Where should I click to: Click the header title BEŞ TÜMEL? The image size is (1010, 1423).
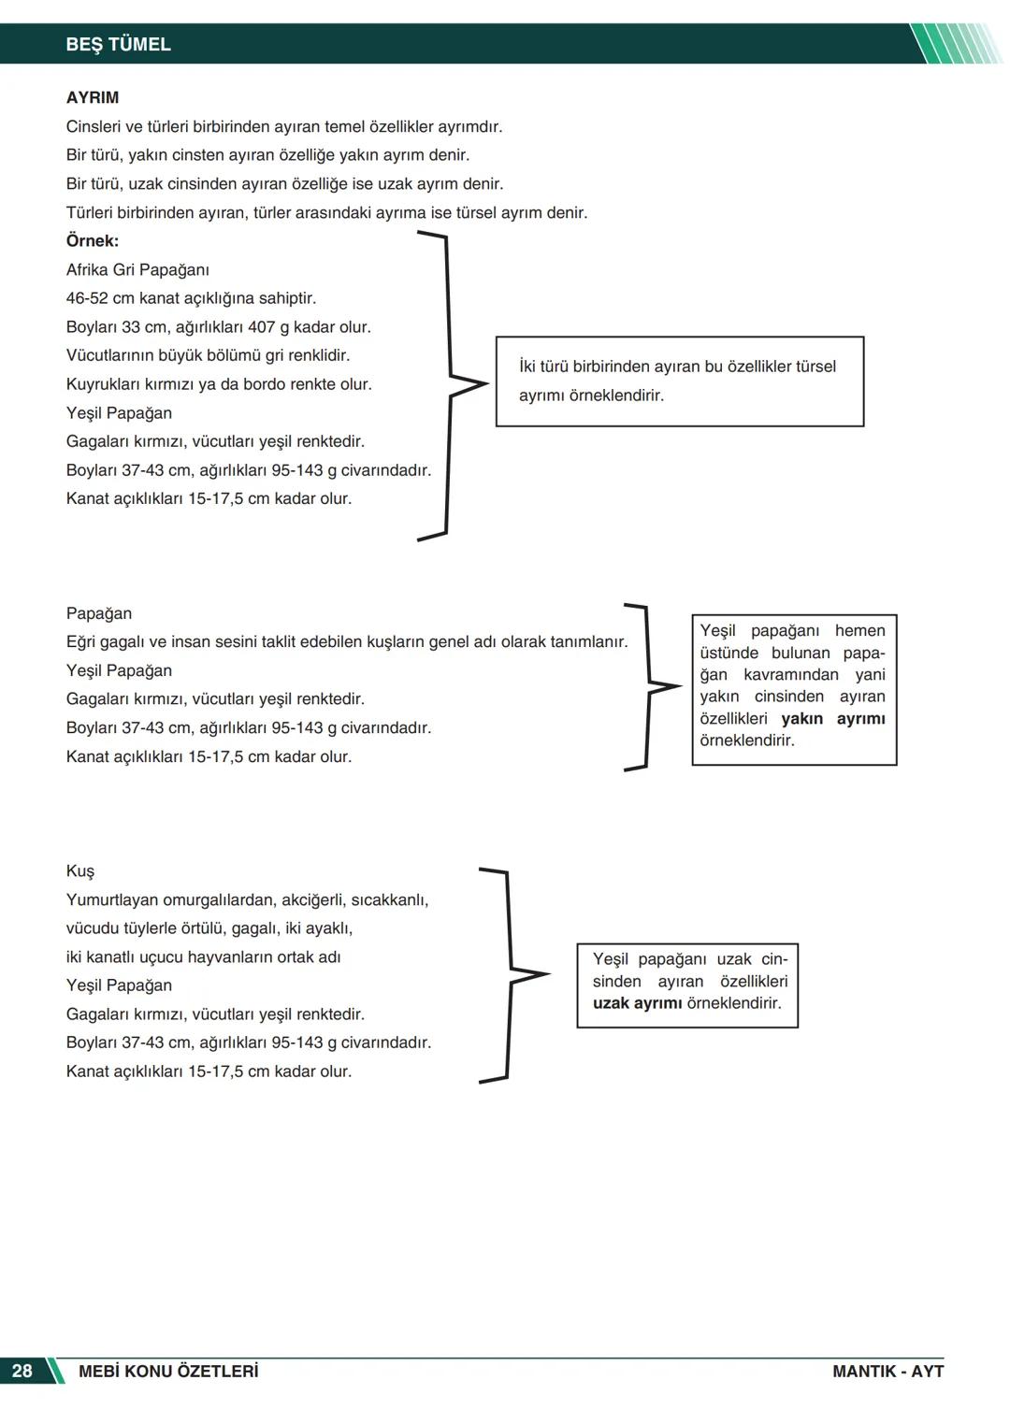pyautogui.click(x=118, y=44)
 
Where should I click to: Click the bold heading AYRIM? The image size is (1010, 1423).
pyautogui.click(x=92, y=97)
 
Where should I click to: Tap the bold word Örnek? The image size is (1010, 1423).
pyautogui.click(x=92, y=240)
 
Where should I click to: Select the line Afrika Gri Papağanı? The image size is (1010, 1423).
pyautogui.click(x=137, y=269)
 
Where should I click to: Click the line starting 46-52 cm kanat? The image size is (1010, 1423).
pyautogui.click(x=191, y=298)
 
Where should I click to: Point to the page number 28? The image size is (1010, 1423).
pyautogui.click(x=22, y=1371)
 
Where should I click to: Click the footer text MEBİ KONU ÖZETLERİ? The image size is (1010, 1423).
pyautogui.click(x=168, y=1371)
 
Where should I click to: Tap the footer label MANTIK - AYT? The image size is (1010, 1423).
pyautogui.click(x=887, y=1371)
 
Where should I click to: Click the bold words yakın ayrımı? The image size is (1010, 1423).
pyautogui.click(x=832, y=718)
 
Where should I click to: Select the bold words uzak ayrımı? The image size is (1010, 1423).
pyautogui.click(x=637, y=1003)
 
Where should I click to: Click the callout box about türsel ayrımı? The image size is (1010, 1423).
pyautogui.click(x=679, y=381)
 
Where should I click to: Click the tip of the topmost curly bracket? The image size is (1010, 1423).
pyautogui.click(x=484, y=383)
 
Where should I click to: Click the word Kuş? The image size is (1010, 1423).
pyautogui.click(x=80, y=870)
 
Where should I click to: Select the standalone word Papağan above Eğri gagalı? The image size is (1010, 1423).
pyautogui.click(x=99, y=613)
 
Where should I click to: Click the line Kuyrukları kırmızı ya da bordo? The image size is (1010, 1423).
pyautogui.click(x=219, y=384)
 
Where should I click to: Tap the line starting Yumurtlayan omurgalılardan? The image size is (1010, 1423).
pyautogui.click(x=247, y=899)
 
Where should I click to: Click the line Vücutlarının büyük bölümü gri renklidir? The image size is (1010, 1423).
pyautogui.click(x=208, y=355)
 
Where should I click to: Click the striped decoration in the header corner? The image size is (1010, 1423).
pyautogui.click(x=954, y=44)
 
